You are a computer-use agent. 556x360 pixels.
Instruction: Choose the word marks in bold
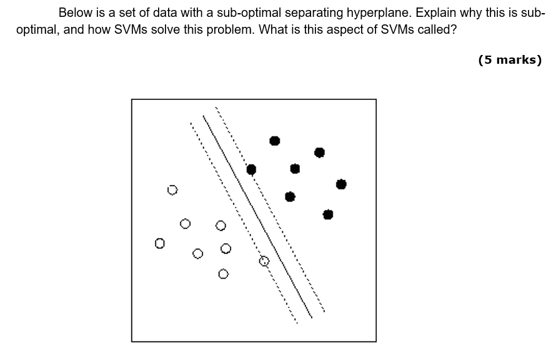(516, 60)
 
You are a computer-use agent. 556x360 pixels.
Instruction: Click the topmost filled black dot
(275, 141)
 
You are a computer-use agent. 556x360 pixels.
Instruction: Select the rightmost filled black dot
(341, 184)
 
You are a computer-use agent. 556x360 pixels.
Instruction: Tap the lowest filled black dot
(328, 214)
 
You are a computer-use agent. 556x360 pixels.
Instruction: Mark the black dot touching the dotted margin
(251, 169)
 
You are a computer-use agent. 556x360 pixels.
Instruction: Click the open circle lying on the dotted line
(264, 261)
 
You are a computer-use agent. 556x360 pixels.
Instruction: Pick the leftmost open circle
(160, 242)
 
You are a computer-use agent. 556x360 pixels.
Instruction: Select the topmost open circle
(173, 189)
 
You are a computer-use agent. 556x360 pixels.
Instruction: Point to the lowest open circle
(223, 274)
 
